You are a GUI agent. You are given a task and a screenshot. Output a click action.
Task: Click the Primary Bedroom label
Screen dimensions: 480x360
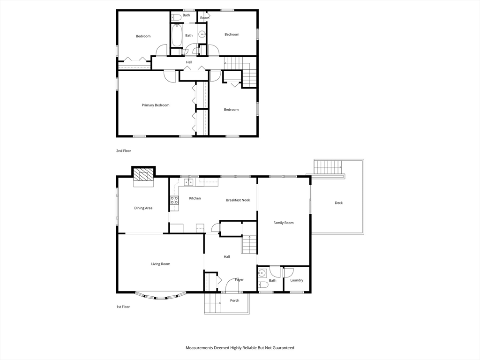point(156,105)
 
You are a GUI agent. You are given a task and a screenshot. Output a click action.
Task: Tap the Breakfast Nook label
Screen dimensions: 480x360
point(238,200)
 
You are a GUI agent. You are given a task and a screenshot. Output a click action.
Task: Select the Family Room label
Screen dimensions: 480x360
point(284,223)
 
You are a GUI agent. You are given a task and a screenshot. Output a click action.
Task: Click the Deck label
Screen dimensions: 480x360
point(338,203)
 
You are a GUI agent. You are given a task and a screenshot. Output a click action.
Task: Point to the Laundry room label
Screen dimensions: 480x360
point(297,280)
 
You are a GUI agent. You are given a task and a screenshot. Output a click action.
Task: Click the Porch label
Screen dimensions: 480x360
point(234,300)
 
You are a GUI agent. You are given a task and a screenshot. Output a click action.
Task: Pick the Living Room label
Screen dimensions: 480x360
point(161,264)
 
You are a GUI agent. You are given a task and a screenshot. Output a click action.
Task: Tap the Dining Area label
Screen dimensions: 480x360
point(143,208)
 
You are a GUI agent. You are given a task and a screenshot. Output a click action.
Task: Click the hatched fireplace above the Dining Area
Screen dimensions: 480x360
point(143,176)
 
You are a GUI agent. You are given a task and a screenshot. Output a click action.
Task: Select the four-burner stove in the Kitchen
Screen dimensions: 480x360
point(174,200)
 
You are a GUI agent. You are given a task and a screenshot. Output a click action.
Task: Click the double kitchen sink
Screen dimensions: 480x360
point(188,182)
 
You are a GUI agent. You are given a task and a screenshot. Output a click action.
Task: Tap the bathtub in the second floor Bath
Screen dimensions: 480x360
point(176,36)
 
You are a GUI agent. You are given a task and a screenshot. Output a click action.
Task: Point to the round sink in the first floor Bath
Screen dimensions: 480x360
point(262,273)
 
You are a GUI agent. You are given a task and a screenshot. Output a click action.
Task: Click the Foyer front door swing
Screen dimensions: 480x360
point(232,285)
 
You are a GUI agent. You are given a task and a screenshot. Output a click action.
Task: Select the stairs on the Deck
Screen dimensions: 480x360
point(328,167)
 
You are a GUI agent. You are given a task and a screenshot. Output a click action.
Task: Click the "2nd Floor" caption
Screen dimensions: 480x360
point(124,151)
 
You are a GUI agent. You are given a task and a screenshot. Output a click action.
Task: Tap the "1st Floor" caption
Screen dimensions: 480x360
point(123,307)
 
